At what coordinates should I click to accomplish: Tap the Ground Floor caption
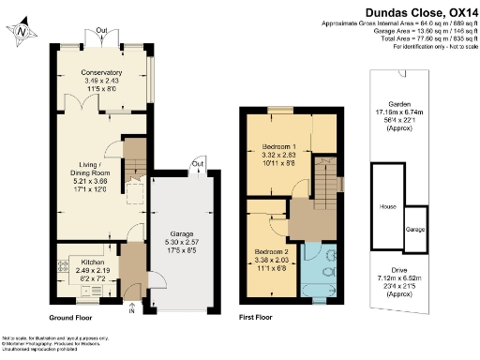tap(75, 319)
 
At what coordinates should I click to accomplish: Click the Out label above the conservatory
tap(101, 30)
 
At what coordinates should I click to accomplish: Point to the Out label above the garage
tap(196, 163)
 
